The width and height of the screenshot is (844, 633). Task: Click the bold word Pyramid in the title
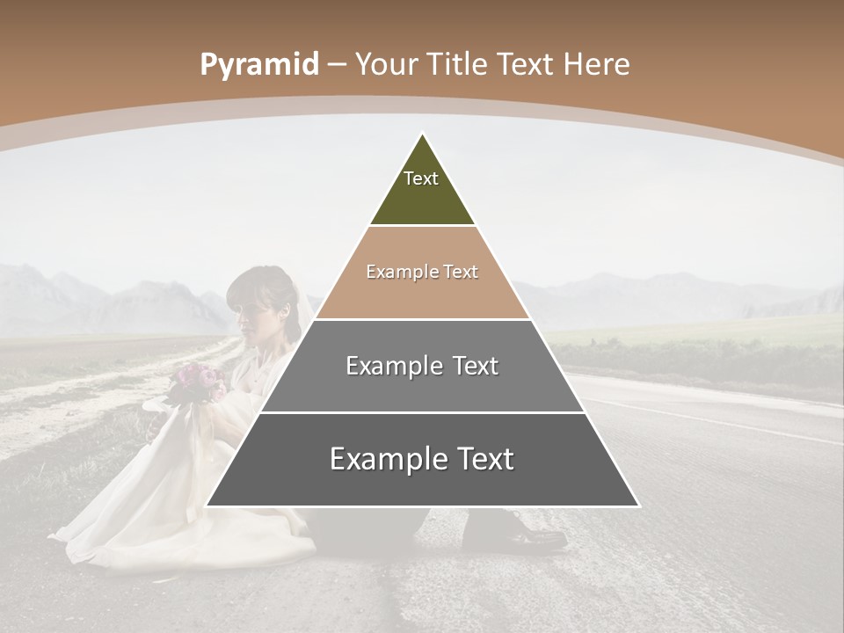[x=259, y=65]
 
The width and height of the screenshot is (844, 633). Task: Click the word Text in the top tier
[x=421, y=178]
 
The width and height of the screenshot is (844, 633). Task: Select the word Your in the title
[x=384, y=65]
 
